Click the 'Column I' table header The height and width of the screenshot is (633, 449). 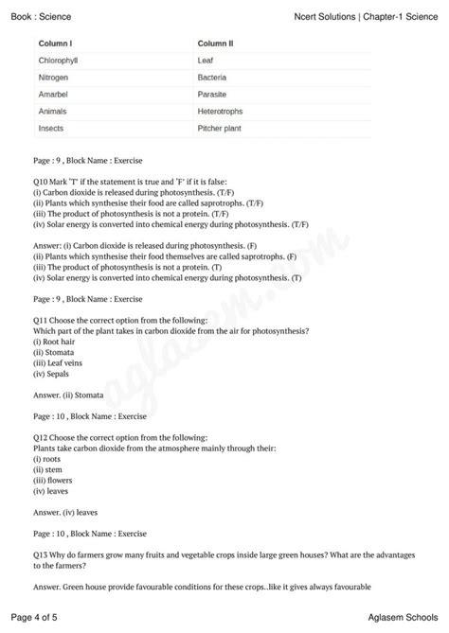[x=56, y=44]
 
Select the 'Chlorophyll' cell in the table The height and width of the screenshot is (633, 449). [x=59, y=61]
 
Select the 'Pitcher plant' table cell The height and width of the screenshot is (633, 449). [x=221, y=128]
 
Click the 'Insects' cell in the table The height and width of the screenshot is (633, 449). [x=51, y=128]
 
